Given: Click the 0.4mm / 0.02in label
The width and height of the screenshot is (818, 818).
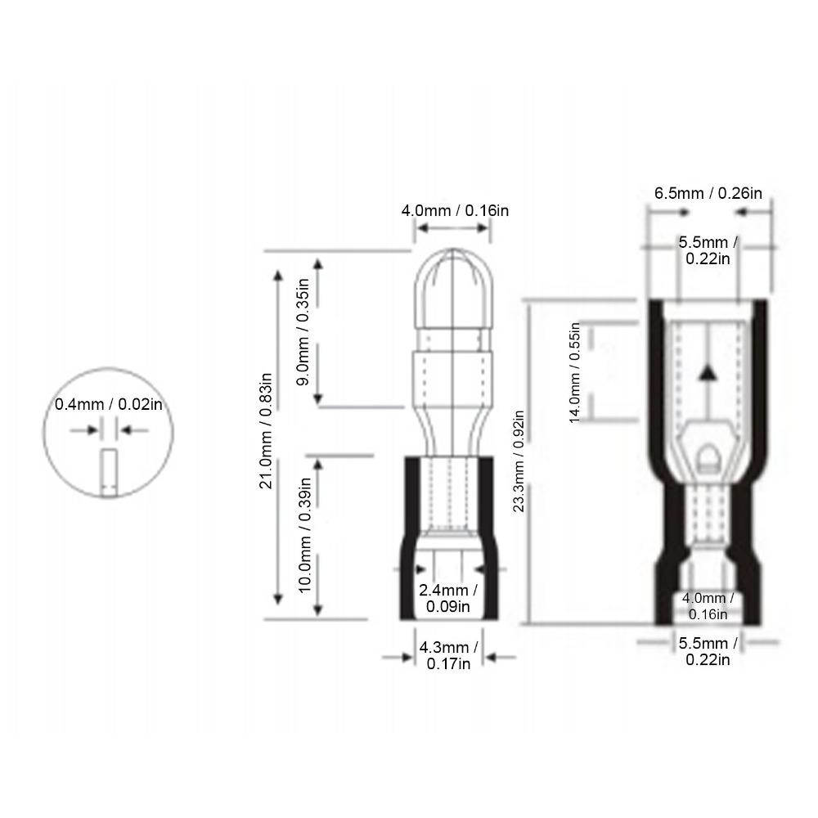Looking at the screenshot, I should point(109,404).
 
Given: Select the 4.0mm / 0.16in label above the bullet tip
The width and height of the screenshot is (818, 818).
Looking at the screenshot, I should point(455,211).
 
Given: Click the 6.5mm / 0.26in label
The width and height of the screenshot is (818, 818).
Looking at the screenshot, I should point(708,193).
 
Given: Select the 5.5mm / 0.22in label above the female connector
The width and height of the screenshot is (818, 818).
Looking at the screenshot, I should point(708,249).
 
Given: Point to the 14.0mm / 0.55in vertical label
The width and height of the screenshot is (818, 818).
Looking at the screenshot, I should point(574,372).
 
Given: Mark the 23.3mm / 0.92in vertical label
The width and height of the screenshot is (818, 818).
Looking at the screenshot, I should point(518,461).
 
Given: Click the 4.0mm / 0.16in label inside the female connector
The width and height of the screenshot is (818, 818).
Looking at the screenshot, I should point(708,605).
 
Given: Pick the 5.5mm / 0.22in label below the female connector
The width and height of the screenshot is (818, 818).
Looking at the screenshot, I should point(708,652).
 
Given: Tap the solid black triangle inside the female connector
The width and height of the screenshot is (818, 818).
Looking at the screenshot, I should point(708,374).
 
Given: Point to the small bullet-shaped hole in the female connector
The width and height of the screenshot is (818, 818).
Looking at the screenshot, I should point(707,456).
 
